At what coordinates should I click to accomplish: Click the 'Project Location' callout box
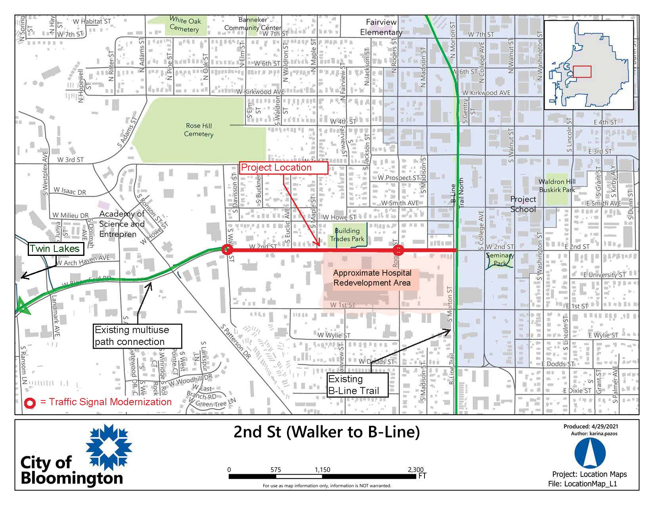click(284, 168)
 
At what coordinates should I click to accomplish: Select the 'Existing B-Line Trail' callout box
click(357, 385)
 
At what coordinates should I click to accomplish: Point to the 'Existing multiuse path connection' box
click(138, 336)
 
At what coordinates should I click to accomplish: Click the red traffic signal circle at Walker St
click(227, 250)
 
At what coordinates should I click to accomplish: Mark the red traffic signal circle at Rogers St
click(398, 250)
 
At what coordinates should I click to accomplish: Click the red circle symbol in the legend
click(31, 403)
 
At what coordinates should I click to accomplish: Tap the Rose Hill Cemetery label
click(199, 130)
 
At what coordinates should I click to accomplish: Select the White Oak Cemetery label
click(185, 25)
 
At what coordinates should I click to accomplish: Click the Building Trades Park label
click(347, 234)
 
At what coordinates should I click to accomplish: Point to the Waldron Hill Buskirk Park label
click(557, 186)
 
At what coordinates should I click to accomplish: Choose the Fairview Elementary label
click(381, 27)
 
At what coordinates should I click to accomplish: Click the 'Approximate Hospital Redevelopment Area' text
click(372, 278)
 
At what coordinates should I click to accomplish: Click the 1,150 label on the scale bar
click(322, 470)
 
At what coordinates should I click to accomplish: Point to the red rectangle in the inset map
click(582, 72)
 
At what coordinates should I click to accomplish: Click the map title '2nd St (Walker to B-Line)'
click(327, 432)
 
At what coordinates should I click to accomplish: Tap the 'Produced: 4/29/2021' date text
click(591, 427)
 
